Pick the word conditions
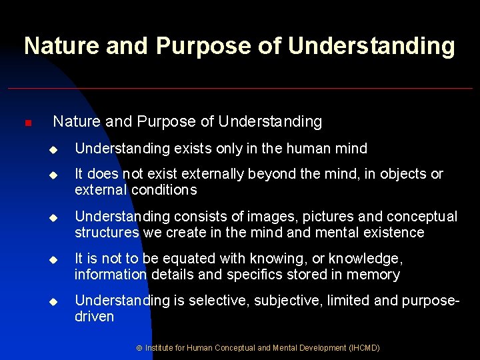pos(165,190)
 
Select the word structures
pos(106,233)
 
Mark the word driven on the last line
pos(94,317)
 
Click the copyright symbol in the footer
pos(139,348)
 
